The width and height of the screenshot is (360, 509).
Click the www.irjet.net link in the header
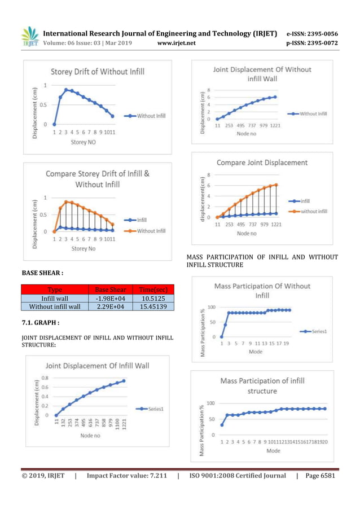click(177, 43)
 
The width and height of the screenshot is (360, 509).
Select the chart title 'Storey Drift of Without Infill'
click(98, 72)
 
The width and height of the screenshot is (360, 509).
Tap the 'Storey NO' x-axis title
click(82, 143)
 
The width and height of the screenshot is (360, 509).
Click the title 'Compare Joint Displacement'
click(262, 163)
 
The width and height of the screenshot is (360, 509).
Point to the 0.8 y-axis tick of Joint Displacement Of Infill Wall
click(43, 378)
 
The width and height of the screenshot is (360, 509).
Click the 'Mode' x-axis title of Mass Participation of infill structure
click(273, 451)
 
